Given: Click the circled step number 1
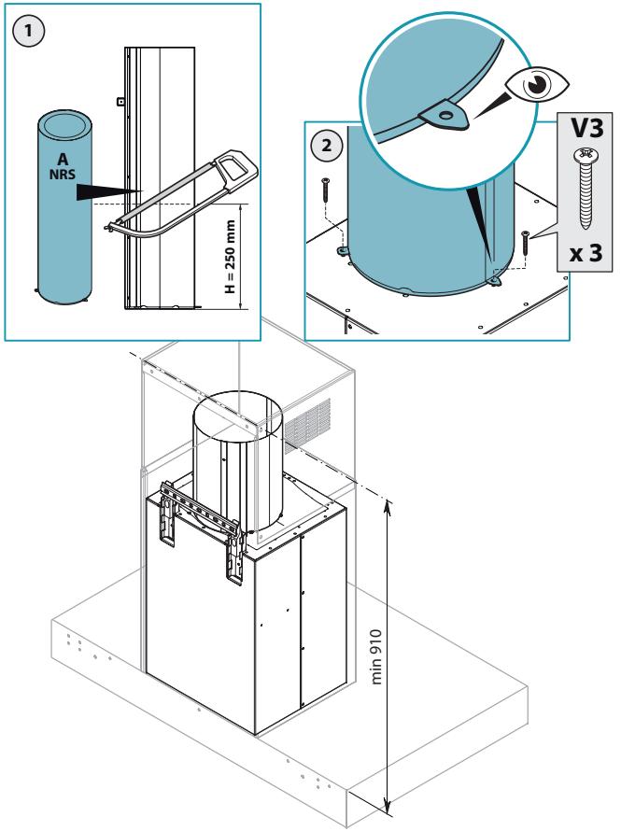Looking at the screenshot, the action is pos(28,31).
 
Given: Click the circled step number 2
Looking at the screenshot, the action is pos(327,145).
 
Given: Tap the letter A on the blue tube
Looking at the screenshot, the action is pos(63,159).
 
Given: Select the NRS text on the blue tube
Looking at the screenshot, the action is pos(63,174).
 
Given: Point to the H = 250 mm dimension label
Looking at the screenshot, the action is pos(230,257).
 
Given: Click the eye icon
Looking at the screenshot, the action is pos(537,84).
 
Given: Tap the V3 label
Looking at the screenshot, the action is pos(586,128).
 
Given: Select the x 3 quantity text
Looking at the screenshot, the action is pos(586,253).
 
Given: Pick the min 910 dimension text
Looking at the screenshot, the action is pos(376,656).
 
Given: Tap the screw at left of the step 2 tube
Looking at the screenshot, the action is pos(325,190).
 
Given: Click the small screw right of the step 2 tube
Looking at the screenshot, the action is pos(526,243).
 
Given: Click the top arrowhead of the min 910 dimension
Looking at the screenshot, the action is pos(388,507).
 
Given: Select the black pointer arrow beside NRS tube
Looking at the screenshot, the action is pos(109,191).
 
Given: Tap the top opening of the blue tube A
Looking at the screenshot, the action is pos(64,124).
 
